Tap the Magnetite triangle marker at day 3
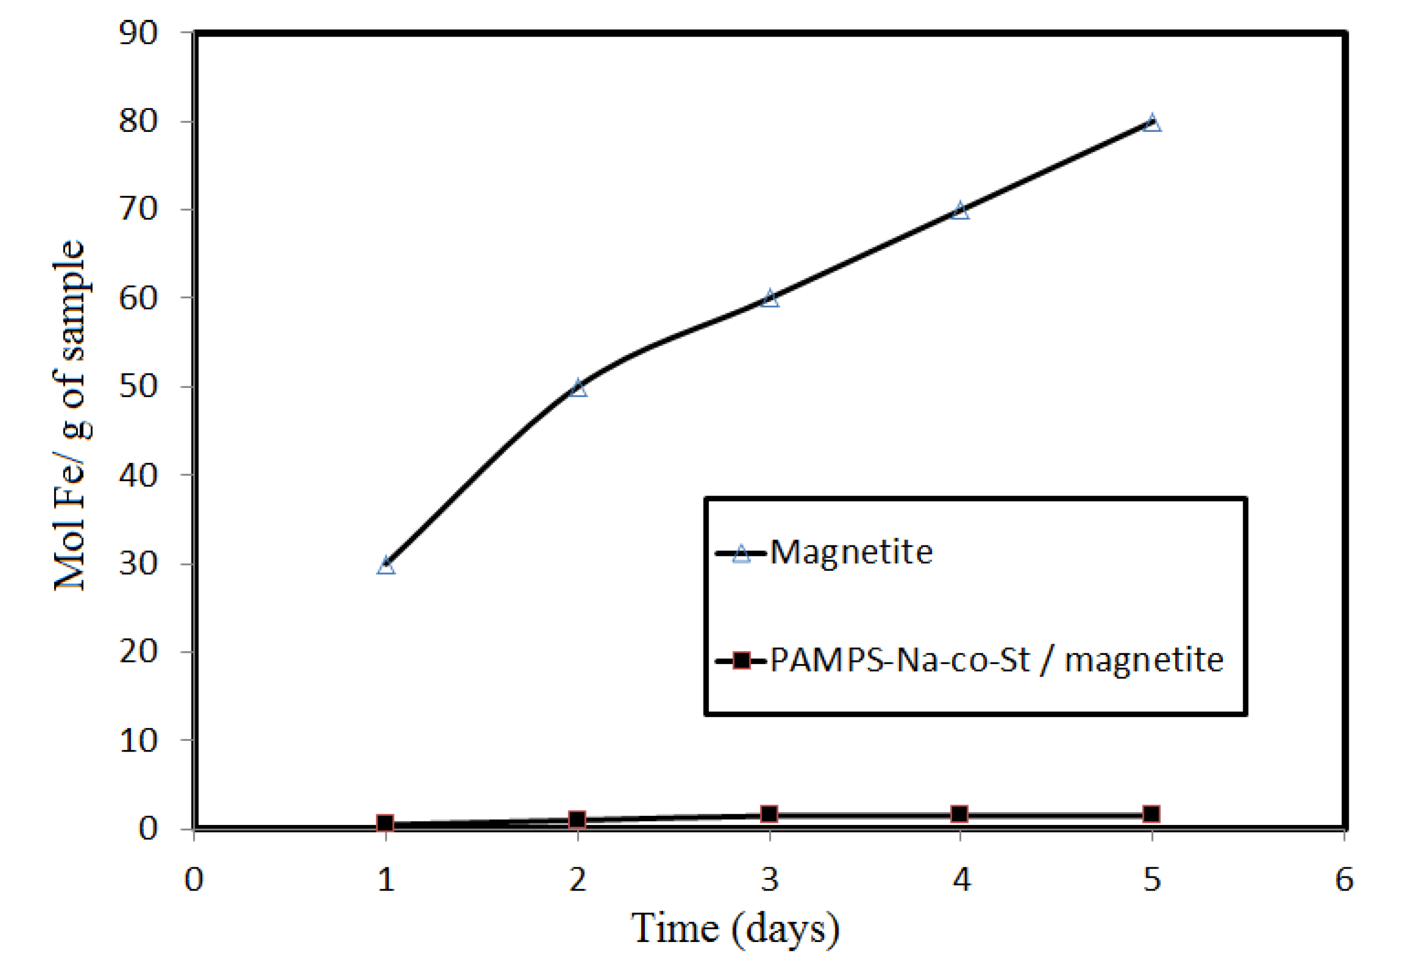[x=769, y=299]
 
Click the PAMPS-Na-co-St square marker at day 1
[x=385, y=823]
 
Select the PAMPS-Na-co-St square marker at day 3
[x=769, y=814]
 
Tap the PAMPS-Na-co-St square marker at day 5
[x=1152, y=814]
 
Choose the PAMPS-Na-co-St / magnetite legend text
[x=997, y=661]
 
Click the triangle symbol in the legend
[x=741, y=554]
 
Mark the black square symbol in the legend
[x=742, y=661]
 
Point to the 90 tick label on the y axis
[x=138, y=33]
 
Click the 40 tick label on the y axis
[x=138, y=475]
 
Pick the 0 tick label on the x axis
[x=194, y=880]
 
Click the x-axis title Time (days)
[x=735, y=929]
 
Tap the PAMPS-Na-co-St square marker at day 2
[x=577, y=819]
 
